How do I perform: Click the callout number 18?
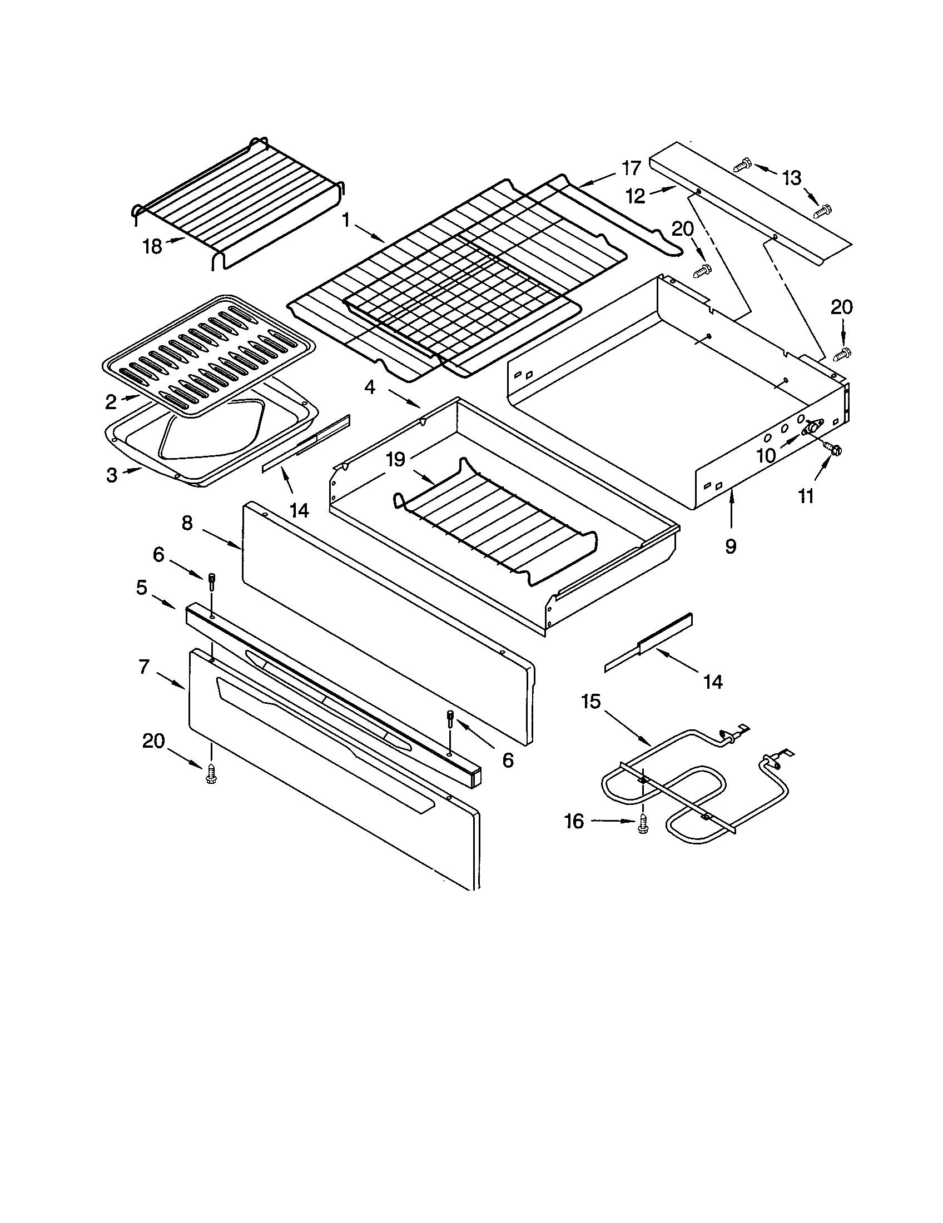click(x=152, y=246)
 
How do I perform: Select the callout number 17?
click(x=631, y=168)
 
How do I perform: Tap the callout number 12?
click(x=636, y=196)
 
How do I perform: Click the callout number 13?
click(x=792, y=178)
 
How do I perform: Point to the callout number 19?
click(x=395, y=460)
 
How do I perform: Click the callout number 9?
click(x=731, y=546)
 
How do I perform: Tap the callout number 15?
click(x=592, y=701)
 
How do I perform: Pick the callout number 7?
click(x=145, y=667)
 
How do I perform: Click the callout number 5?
click(x=142, y=588)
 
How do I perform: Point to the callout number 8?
click(x=187, y=523)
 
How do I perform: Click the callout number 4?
click(x=370, y=386)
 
